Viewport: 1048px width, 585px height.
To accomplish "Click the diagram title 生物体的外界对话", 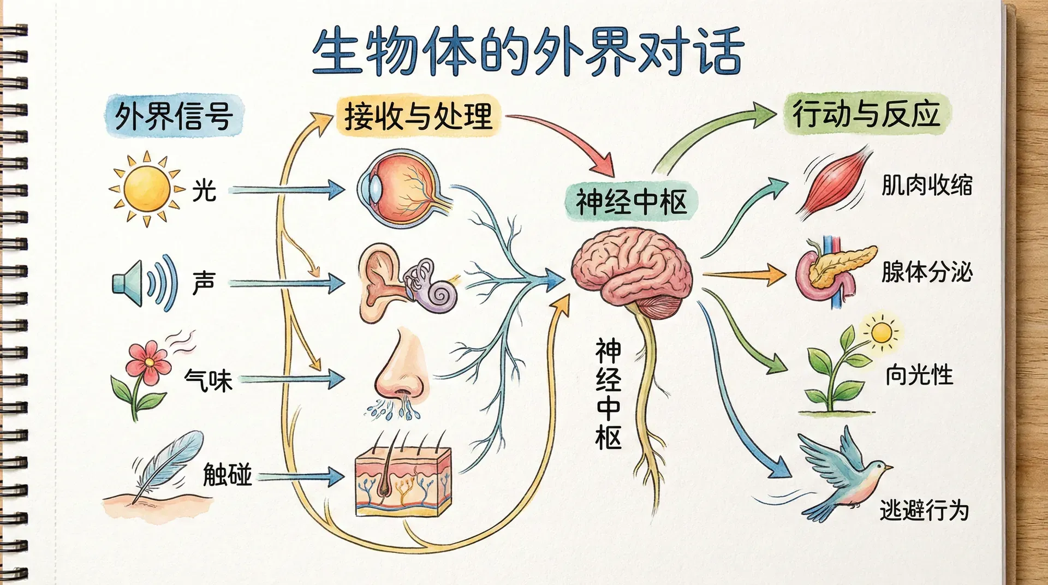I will (x=527, y=52).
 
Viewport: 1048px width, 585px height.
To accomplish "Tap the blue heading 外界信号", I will (x=174, y=116).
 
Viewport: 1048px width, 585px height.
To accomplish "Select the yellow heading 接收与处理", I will (x=418, y=116).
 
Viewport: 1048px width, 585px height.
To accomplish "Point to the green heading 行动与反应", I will (x=866, y=114).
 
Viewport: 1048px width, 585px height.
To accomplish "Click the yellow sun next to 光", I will (x=146, y=189).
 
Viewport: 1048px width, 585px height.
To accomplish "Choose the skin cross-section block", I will (x=403, y=480).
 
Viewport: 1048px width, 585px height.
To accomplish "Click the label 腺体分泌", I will (x=926, y=272).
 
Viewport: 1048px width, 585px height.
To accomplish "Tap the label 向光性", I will (x=919, y=375).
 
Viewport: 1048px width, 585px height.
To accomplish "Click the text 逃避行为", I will (x=924, y=511).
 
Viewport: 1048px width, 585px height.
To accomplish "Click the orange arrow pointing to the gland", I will (x=745, y=274).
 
